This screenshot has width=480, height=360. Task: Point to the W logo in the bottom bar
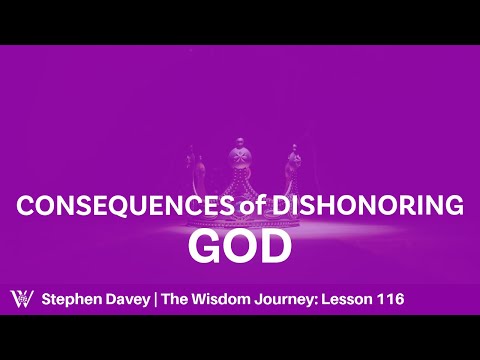(x=21, y=297)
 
